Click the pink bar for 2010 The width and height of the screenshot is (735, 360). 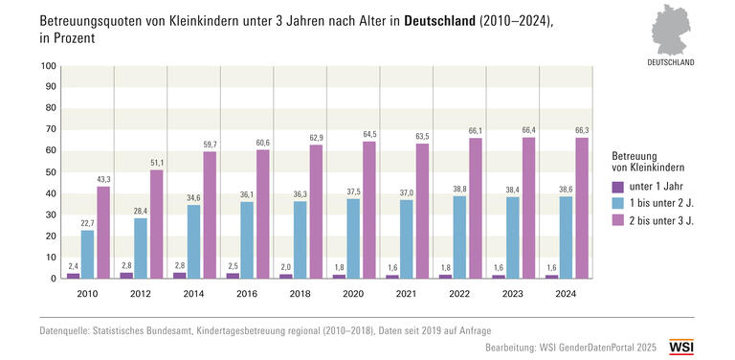tap(102, 233)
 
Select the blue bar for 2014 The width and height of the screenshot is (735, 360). tap(193, 241)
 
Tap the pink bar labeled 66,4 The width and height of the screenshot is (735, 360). tap(529, 208)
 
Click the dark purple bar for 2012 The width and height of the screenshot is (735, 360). tap(126, 276)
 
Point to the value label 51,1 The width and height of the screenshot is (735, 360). tap(156, 162)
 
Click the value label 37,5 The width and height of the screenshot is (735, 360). tap(353, 190)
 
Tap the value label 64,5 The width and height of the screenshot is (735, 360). tap(368, 133)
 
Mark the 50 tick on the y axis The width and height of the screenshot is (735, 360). tap(50, 173)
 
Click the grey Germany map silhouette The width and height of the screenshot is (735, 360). tap(669, 28)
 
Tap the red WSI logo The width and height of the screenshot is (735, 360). tap(681, 346)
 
